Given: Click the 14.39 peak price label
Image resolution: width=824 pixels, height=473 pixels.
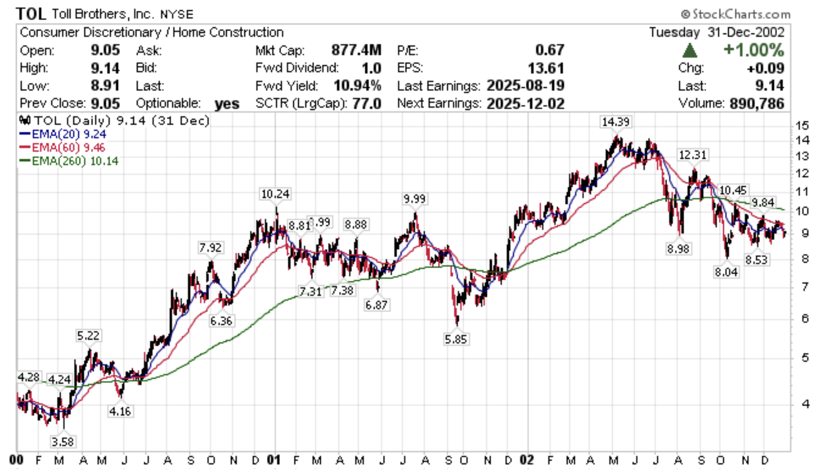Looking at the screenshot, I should [x=615, y=122].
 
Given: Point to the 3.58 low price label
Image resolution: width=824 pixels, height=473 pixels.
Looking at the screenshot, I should [x=62, y=442].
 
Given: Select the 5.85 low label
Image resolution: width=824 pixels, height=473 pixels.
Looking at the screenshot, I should [x=455, y=340].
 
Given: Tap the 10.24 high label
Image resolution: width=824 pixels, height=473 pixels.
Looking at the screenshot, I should [x=275, y=194].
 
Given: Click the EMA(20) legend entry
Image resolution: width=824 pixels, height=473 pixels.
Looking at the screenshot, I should [x=63, y=134].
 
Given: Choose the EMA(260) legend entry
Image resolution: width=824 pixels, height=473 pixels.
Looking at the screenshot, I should [x=69, y=161].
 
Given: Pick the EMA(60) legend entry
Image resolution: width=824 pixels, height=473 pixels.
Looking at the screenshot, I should [x=63, y=147].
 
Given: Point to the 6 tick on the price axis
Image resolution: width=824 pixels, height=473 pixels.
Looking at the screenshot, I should [x=805, y=318].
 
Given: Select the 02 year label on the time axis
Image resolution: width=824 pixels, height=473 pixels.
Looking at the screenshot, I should [x=527, y=460].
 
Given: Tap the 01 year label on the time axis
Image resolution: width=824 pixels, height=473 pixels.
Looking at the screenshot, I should [x=273, y=460].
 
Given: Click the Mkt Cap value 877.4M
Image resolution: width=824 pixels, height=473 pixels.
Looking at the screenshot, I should [x=356, y=50].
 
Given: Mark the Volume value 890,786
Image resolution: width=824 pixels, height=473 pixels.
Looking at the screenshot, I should [x=756, y=103].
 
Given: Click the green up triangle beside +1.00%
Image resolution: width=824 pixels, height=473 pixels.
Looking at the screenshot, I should [x=690, y=50].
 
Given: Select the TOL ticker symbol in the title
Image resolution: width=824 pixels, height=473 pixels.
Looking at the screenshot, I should [x=30, y=14].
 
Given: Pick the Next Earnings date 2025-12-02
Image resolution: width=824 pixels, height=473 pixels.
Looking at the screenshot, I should [x=525, y=103].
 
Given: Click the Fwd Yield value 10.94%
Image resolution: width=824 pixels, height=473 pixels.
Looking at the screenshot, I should [x=357, y=86].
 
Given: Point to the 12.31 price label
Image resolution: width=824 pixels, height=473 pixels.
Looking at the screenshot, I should [x=692, y=155].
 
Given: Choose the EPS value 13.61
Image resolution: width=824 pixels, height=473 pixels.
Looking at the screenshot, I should [x=545, y=68].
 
